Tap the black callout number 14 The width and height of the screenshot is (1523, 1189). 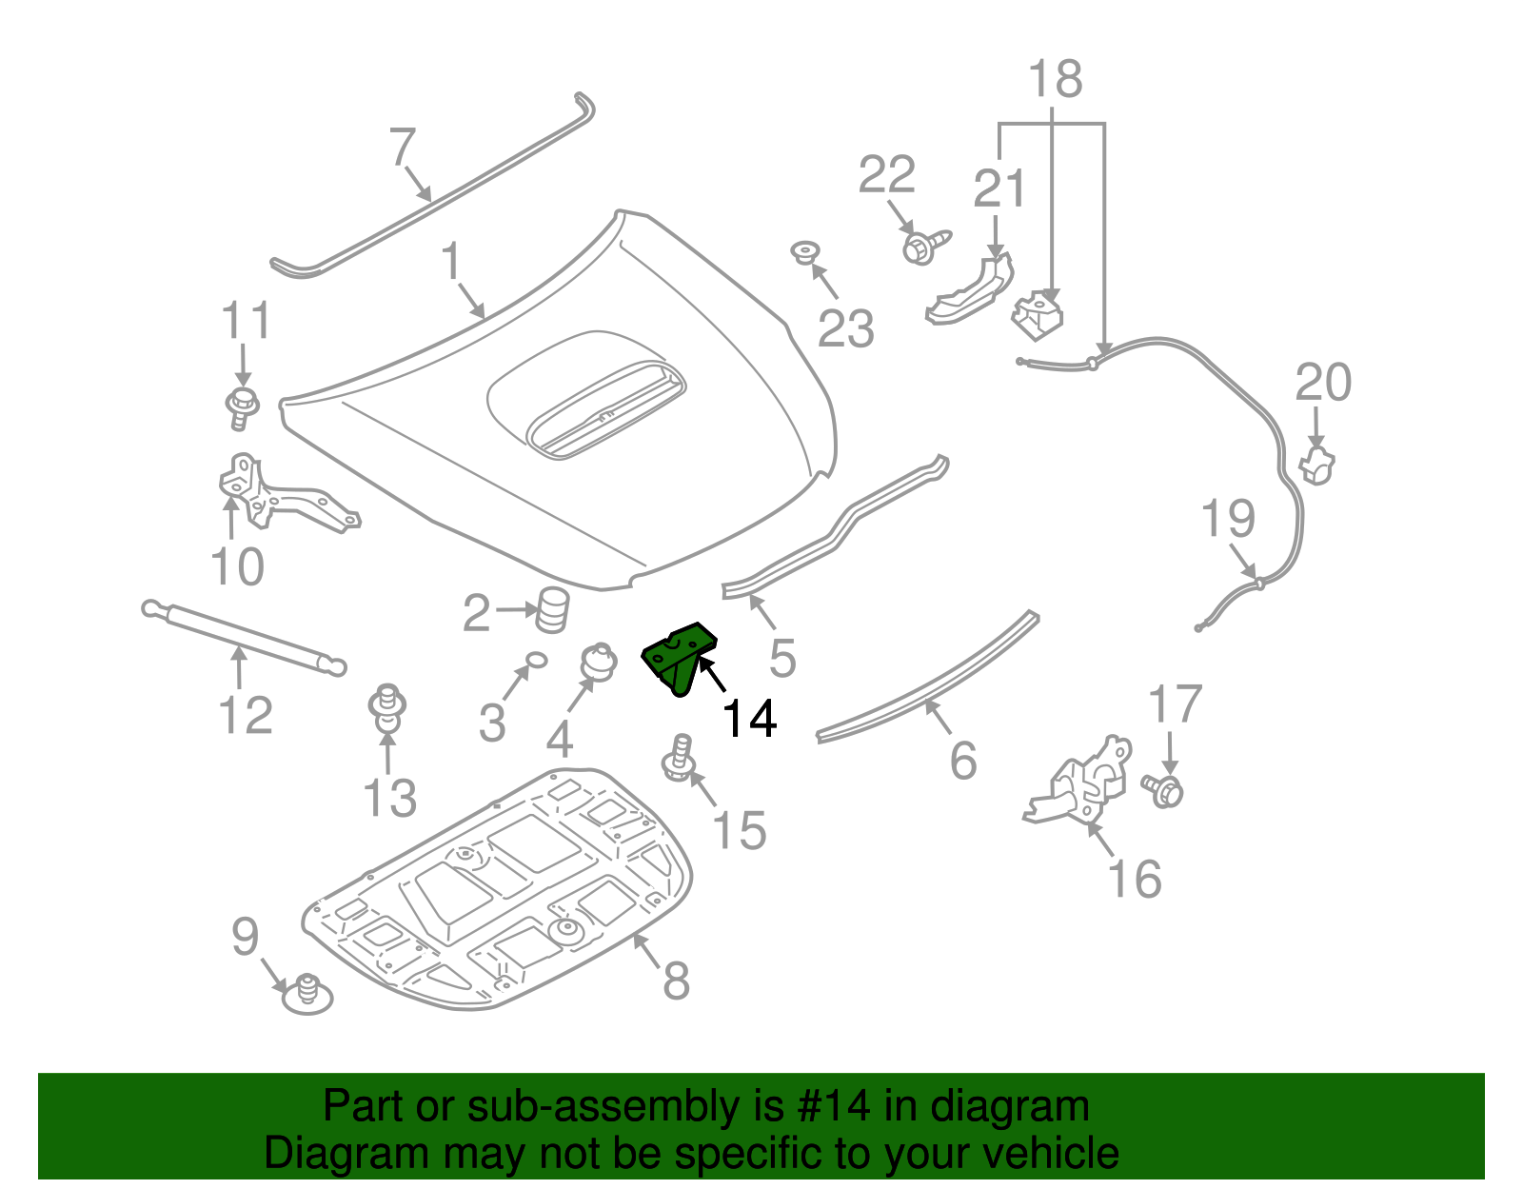(x=750, y=719)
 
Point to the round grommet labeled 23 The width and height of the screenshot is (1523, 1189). (x=806, y=252)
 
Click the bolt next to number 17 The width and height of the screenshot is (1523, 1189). (x=1165, y=789)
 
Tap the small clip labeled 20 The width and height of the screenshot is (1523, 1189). (x=1316, y=465)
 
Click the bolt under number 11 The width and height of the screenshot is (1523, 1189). (x=243, y=406)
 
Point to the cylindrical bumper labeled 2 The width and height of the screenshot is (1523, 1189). (x=552, y=609)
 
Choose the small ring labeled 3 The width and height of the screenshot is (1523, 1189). (x=536, y=659)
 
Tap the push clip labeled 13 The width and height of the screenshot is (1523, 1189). (x=387, y=708)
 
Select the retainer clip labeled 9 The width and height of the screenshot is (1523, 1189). (x=307, y=994)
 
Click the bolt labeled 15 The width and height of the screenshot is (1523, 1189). (x=679, y=759)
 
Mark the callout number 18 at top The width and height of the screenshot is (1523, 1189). (x=1055, y=80)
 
